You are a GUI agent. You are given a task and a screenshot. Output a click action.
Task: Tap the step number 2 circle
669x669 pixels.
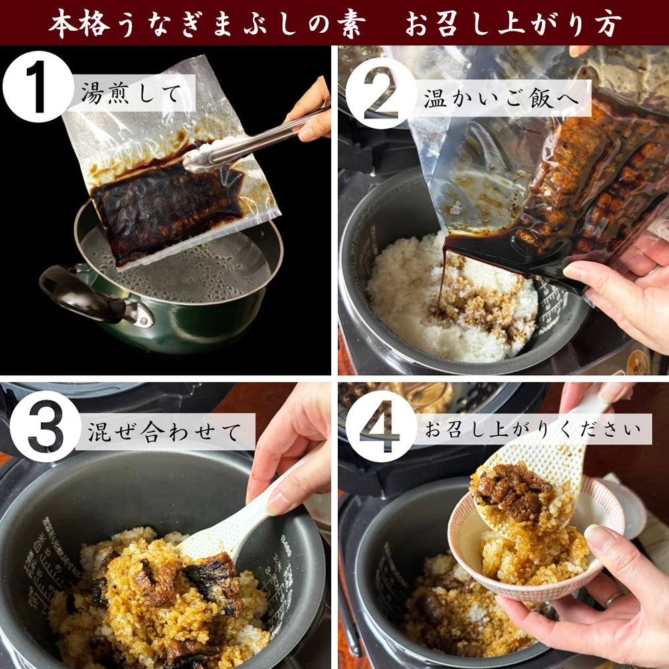tap(381, 93)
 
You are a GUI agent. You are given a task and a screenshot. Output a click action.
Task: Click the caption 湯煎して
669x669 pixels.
tap(131, 93)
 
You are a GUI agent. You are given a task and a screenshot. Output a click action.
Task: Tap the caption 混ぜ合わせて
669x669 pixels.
tap(164, 432)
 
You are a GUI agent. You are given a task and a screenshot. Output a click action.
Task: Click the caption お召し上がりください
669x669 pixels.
tap(532, 429)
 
